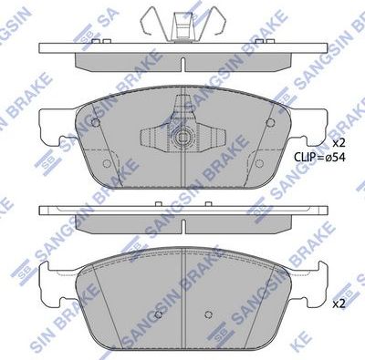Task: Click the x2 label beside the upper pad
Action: click(339, 143)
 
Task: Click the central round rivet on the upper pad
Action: click(182, 139)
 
